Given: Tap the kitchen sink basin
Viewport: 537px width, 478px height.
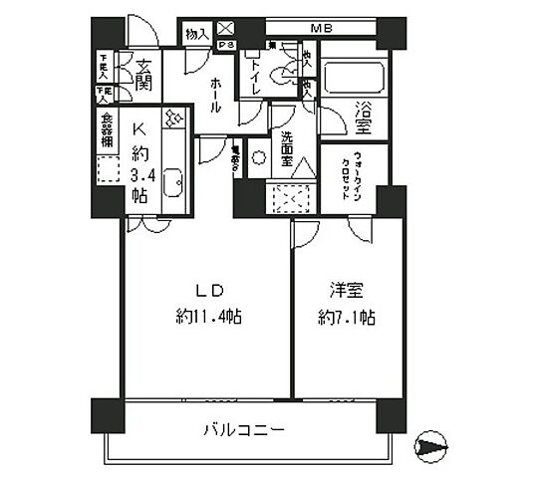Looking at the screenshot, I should pyautogui.click(x=171, y=183).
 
